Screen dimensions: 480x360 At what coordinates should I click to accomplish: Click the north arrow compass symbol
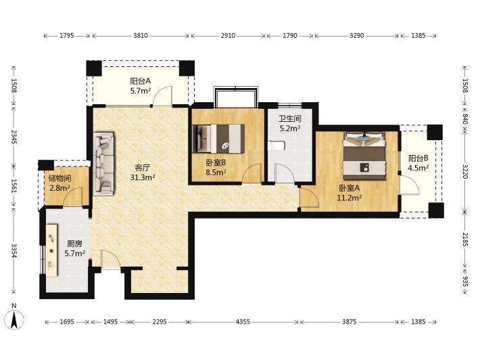click(x=14, y=319)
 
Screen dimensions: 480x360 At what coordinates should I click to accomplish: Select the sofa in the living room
click(x=104, y=164)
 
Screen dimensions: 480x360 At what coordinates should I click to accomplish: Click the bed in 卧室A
click(x=364, y=156)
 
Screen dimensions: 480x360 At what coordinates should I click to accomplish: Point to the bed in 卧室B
click(x=218, y=138)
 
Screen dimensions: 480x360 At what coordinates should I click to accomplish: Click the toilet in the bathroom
click(x=277, y=146)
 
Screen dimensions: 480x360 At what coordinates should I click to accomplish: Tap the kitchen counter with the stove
click(x=52, y=250)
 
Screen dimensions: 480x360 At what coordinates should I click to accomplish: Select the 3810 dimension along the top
click(x=141, y=36)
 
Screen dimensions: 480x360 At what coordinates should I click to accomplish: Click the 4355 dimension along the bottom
click(x=243, y=321)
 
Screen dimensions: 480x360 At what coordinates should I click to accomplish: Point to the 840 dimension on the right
click(x=465, y=118)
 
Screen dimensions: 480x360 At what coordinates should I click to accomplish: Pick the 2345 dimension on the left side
click(x=14, y=137)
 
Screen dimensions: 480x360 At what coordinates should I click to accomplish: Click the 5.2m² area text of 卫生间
click(x=289, y=128)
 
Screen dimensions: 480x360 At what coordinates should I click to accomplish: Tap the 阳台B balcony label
click(x=418, y=158)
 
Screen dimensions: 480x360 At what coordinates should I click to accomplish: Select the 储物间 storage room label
click(x=59, y=179)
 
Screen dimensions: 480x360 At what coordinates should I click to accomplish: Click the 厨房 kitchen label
click(x=74, y=244)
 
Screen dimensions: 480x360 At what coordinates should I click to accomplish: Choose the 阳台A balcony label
click(x=141, y=81)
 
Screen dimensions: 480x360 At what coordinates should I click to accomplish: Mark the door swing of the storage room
click(x=73, y=197)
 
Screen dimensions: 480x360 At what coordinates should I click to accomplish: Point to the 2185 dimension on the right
click(x=465, y=239)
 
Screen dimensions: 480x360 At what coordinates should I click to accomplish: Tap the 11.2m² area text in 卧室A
click(x=350, y=198)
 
